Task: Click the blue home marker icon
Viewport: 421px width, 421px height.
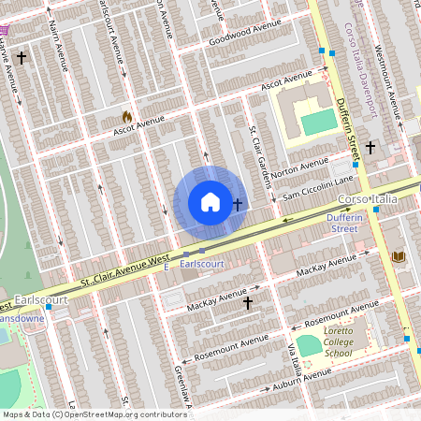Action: tap(210, 202)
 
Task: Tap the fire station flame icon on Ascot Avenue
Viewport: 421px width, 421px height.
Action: tap(127, 117)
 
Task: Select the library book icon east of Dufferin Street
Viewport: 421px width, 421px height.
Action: tap(398, 256)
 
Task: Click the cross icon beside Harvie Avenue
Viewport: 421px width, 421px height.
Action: tap(22, 58)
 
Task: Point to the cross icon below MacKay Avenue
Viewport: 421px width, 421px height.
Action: tap(248, 303)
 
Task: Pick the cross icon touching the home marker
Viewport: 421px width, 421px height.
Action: tap(238, 202)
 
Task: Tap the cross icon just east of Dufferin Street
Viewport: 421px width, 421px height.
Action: tap(370, 148)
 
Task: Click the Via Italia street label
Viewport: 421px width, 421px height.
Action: tap(294, 356)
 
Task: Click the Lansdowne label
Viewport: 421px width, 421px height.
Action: tap(19, 319)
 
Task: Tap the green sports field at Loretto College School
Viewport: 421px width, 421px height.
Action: tap(310, 345)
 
